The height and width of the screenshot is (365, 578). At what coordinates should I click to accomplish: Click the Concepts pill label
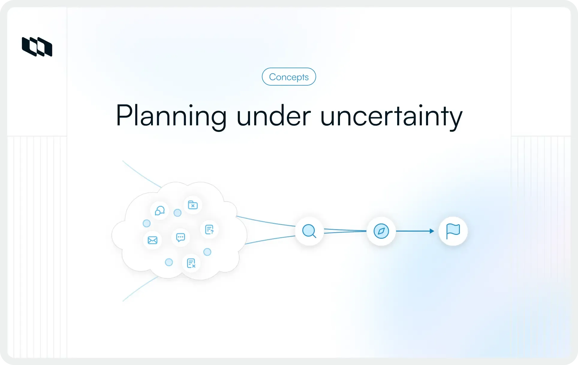[x=289, y=77]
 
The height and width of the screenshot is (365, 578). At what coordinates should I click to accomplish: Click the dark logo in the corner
[x=37, y=47]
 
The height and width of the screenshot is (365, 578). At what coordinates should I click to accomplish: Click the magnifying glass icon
[x=309, y=231]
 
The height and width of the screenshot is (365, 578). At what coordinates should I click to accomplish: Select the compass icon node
[x=381, y=231]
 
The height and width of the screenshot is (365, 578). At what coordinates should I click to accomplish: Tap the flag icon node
[x=453, y=231]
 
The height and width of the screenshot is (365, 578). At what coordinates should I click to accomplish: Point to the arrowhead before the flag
[x=432, y=231]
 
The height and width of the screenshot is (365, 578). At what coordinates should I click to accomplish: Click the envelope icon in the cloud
[x=152, y=240]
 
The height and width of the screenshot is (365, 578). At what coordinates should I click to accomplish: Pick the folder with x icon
[x=192, y=205]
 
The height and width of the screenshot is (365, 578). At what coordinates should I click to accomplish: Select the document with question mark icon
[x=209, y=230]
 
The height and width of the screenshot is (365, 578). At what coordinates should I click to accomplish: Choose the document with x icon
[x=191, y=263]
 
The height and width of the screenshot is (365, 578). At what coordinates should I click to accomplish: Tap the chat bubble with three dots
[x=180, y=238]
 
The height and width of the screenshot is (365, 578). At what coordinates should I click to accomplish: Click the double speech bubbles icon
[x=159, y=211]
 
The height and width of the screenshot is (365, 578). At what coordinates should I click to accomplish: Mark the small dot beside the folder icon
[x=177, y=213]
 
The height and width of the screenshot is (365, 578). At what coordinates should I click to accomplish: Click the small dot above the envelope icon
[x=147, y=223]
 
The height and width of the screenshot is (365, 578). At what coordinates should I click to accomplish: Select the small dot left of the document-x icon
[x=169, y=262]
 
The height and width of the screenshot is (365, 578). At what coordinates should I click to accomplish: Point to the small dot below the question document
[x=207, y=252]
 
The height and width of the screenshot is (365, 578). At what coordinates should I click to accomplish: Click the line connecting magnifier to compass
[x=345, y=231]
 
